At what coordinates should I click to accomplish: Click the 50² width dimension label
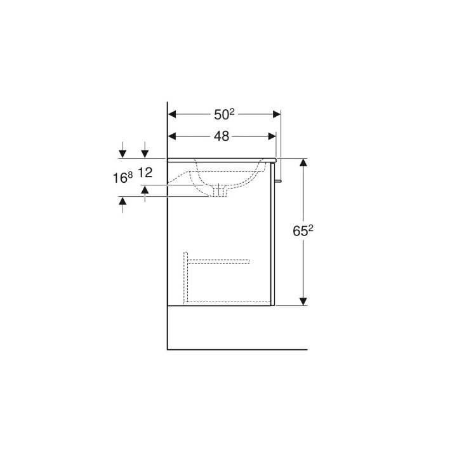pyautogui.click(x=224, y=114)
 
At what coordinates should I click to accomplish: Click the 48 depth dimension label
pyautogui.click(x=222, y=136)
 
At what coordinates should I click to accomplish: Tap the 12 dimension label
pyautogui.click(x=145, y=173)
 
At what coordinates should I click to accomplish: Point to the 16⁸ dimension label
pyautogui.click(x=123, y=178)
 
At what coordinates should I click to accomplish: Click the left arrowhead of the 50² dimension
pyautogui.click(x=172, y=114)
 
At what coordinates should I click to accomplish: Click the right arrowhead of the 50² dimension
pyautogui.click(x=277, y=114)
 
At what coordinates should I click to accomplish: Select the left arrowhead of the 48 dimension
pyautogui.click(x=172, y=136)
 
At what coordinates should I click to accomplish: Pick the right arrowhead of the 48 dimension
pyautogui.click(x=272, y=136)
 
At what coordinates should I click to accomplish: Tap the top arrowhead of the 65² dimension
pyautogui.click(x=303, y=162)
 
